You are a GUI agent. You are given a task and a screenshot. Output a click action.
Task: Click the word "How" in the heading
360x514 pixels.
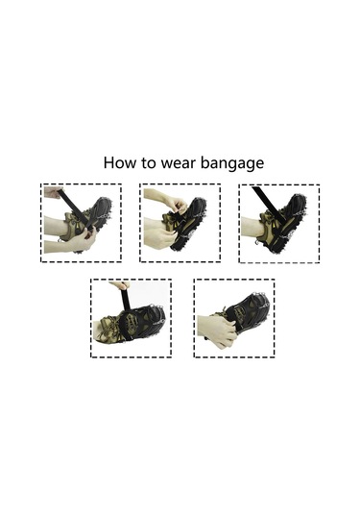coord(119,162)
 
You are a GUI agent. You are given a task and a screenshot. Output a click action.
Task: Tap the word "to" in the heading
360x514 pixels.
coord(149,163)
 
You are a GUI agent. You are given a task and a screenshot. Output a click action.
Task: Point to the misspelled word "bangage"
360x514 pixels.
coord(232,164)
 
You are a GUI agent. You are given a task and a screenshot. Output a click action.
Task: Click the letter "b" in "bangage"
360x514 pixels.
coord(204,162)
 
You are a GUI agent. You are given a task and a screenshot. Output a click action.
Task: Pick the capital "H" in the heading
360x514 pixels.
coord(108,162)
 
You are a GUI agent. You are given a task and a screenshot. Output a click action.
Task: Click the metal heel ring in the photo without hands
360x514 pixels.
coord(257,243)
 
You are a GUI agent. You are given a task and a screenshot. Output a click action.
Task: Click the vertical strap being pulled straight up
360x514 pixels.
coord(126,298)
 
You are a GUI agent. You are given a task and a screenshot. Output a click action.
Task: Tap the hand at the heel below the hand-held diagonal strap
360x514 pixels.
coord(81,240)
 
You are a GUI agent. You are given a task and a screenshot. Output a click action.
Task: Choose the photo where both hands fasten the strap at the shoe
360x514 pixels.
coord(180,223)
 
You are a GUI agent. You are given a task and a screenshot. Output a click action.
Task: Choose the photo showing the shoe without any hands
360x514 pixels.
coord(279,224)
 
